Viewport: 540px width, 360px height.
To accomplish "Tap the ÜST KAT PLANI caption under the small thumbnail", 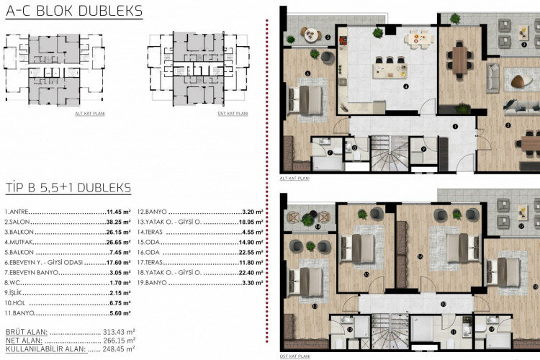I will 232,114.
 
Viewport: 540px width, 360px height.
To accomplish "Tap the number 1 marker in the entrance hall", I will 455,127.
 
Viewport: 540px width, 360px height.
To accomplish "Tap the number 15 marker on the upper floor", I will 366,274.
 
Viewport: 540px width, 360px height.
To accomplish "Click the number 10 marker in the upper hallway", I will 443,305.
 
